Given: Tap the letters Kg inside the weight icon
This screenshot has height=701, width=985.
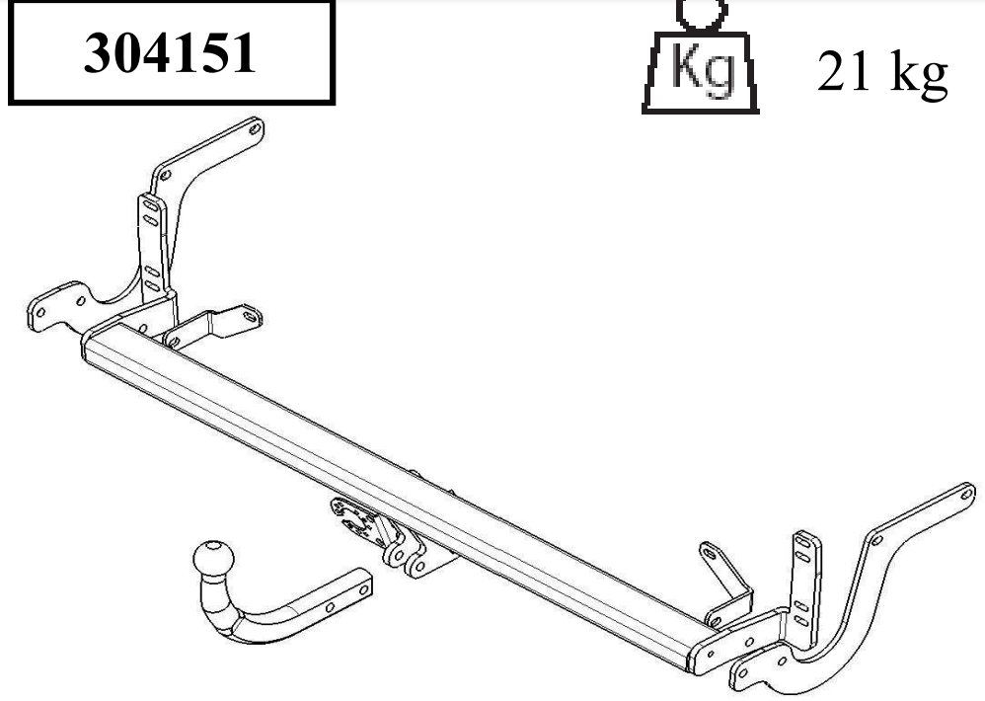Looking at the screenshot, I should tap(702, 67).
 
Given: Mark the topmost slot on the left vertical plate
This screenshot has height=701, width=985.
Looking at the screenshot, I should tap(149, 209).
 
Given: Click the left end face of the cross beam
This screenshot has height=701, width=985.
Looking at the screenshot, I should tap(86, 349).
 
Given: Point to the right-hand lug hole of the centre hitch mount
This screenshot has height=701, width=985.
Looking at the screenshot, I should tap(417, 566).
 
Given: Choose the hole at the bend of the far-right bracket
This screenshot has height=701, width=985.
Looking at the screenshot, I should tap(876, 538).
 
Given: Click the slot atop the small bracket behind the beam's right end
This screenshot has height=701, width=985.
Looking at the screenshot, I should tap(708, 549).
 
